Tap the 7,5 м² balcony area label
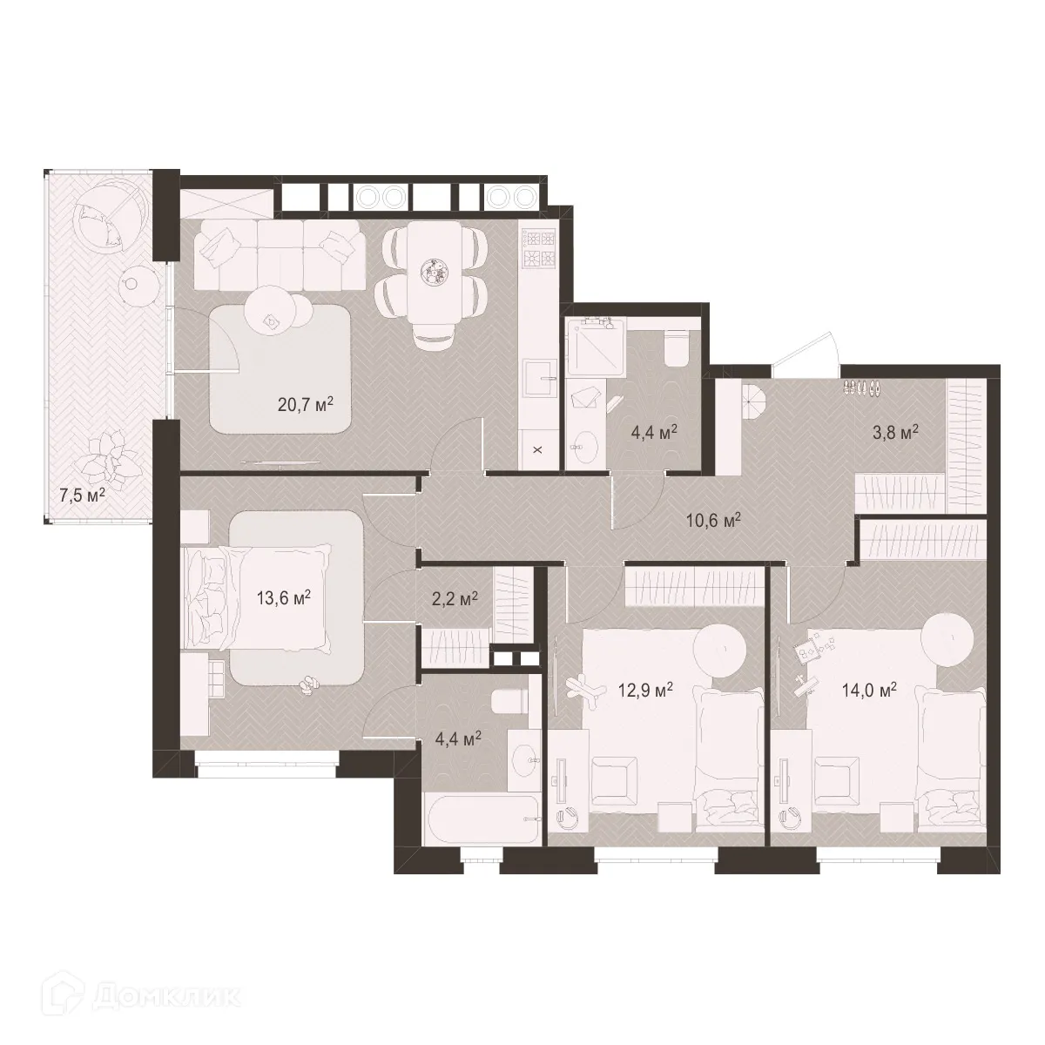tap(83, 495)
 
